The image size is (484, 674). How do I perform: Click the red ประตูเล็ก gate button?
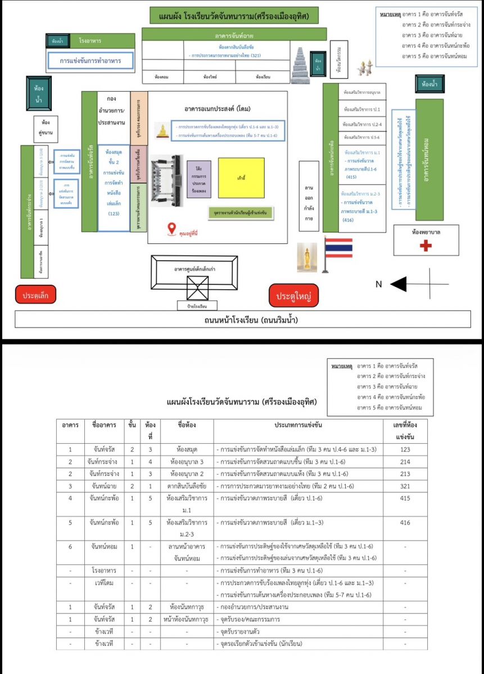pyautogui.click(x=35, y=295)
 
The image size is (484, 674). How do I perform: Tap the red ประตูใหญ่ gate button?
pyautogui.click(x=293, y=295)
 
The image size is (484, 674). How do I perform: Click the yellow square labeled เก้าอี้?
pyautogui.click(x=241, y=177)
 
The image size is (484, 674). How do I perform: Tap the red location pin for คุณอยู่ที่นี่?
pyautogui.click(x=171, y=229)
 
